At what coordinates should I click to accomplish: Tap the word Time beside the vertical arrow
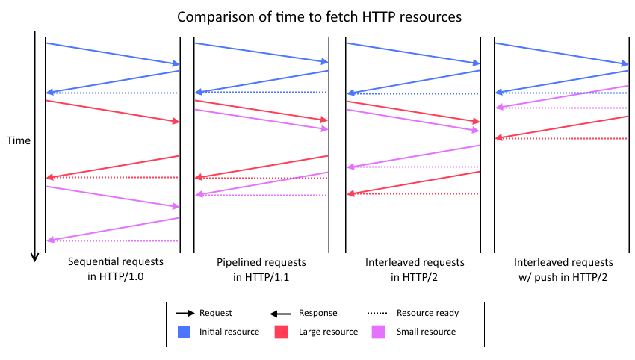coord(18,140)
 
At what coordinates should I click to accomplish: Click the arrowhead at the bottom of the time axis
coord(34,257)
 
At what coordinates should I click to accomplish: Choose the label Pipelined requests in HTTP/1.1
coord(261,270)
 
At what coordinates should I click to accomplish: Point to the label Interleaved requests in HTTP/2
coord(415,270)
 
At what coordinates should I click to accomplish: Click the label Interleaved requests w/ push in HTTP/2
coord(563,270)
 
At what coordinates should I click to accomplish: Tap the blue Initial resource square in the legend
coord(181,332)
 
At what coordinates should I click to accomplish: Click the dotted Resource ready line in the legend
coord(380,314)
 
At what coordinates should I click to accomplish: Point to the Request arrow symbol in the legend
coord(182,314)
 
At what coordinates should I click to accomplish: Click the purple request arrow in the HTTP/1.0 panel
coord(113,196)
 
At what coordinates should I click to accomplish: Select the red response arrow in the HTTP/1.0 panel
coord(113,167)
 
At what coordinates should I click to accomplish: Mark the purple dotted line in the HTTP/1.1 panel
coord(261,196)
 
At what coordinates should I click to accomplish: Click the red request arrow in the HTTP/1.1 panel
coord(261,110)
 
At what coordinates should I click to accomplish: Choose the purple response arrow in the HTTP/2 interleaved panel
coord(414,156)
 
